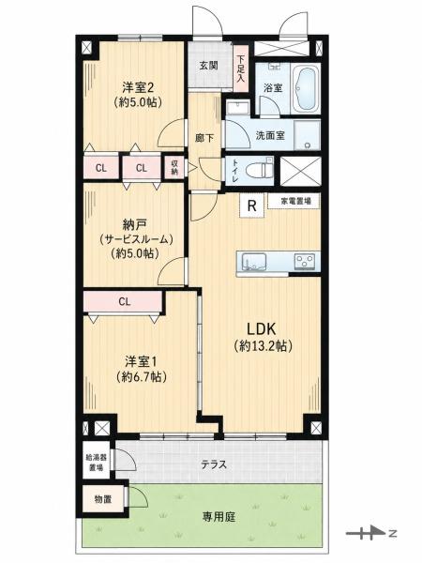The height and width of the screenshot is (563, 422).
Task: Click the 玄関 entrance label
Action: [x=209, y=66]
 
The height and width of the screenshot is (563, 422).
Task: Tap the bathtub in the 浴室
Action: [x=306, y=89]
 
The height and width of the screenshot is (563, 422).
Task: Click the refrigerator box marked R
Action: [x=252, y=205]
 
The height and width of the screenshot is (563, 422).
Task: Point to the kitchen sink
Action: [x=254, y=261]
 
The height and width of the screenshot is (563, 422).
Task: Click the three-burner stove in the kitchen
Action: [x=305, y=261]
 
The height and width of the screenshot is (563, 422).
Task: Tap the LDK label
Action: [x=261, y=328]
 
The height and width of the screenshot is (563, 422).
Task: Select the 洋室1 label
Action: [x=142, y=361]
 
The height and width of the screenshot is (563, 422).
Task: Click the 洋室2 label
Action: [x=138, y=87]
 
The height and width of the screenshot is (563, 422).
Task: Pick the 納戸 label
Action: [x=134, y=225]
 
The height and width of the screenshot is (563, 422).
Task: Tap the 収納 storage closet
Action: [x=174, y=167]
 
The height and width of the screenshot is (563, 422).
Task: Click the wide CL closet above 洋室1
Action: [x=123, y=302]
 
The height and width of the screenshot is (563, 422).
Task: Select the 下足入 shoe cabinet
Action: [x=240, y=68]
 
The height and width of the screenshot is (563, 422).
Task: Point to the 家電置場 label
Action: [x=294, y=201]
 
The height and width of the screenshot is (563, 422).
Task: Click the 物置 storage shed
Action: [x=103, y=499]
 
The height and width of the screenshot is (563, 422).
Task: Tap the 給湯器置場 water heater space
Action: [x=96, y=463]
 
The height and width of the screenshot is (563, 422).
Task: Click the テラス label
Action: [x=214, y=464]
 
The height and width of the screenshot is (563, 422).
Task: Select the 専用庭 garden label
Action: [x=219, y=517]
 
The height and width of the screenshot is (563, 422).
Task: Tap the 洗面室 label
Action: [x=270, y=135]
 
